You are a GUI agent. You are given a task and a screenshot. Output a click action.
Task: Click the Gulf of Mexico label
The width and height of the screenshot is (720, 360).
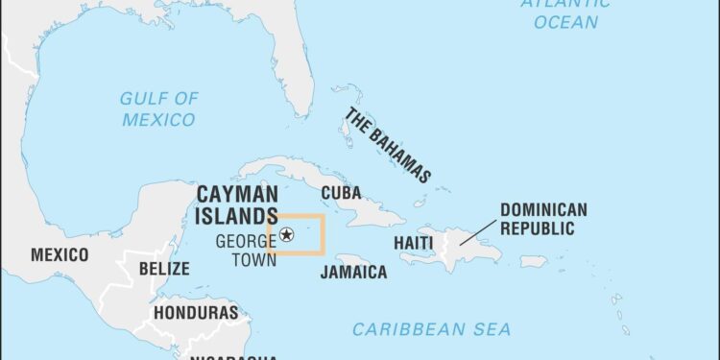(x=158, y=108)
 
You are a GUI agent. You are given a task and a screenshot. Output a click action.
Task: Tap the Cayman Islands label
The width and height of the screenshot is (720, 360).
(x=237, y=204)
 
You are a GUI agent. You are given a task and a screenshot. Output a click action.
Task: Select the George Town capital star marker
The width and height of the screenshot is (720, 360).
(x=287, y=234)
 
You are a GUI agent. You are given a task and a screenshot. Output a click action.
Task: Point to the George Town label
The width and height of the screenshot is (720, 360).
(x=246, y=250)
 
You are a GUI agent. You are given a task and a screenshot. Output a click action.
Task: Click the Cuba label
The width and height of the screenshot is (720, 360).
(x=341, y=193)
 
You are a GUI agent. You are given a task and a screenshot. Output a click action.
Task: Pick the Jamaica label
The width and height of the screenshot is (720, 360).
(x=353, y=272)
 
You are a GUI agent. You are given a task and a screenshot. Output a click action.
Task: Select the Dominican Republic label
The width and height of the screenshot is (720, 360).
(x=543, y=219)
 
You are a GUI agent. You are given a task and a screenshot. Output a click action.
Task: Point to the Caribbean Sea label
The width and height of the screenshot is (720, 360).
(x=432, y=329)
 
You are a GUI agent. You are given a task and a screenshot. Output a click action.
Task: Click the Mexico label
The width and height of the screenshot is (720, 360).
(x=60, y=254)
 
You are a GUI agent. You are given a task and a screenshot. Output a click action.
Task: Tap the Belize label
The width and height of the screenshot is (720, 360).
(x=164, y=269)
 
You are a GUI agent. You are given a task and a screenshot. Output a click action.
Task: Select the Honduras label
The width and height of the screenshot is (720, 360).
(x=196, y=313)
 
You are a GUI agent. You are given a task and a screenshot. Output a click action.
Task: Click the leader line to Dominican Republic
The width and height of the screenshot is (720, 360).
(x=478, y=231)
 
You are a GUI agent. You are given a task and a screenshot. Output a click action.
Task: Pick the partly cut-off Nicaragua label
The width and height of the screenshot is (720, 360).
(x=211, y=355)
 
